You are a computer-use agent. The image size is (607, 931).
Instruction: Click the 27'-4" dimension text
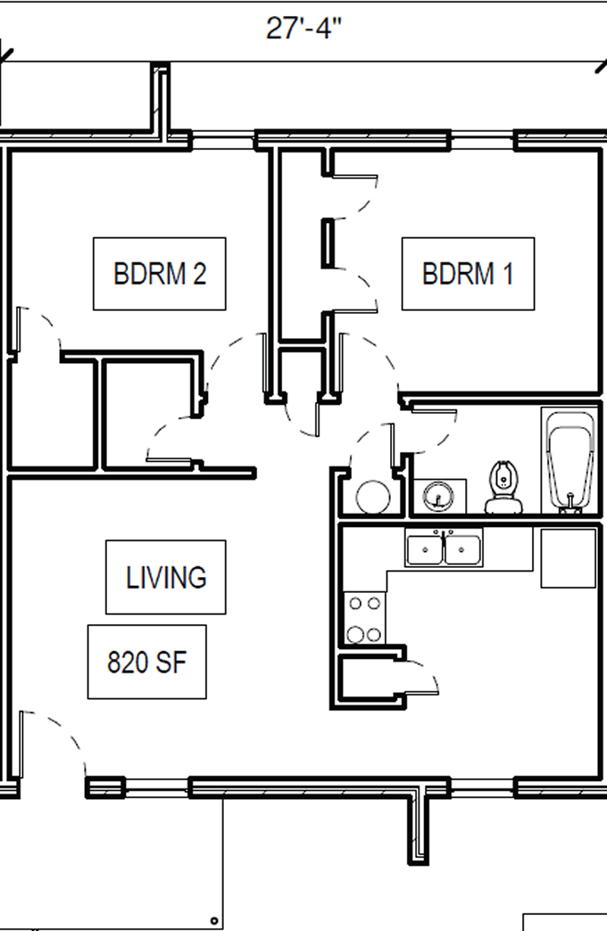303,28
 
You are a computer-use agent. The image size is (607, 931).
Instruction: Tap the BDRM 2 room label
160,274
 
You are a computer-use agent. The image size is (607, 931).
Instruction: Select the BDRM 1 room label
467,274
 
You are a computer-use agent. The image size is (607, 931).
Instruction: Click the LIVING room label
166,577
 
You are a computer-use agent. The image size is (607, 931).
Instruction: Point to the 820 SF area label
147,662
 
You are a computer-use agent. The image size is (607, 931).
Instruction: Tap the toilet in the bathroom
503,487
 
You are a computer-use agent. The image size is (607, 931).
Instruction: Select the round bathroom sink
438,495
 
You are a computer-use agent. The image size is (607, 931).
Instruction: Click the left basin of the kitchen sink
425,550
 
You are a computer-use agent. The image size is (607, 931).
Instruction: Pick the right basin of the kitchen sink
462,550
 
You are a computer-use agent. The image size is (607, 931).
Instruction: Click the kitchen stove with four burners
365,619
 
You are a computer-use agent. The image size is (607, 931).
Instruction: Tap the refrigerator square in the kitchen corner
568,558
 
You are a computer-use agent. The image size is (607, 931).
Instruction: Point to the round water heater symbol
373,497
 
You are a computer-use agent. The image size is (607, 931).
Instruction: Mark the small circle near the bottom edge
214,920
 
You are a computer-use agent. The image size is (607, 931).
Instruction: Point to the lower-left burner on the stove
355,635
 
